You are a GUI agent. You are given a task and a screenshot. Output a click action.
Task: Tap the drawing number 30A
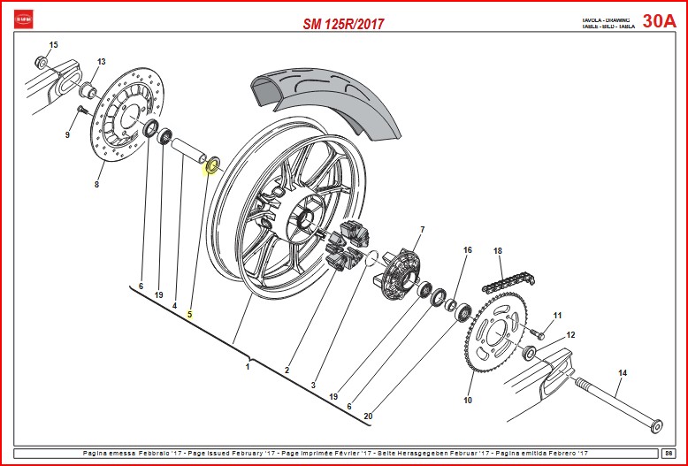pos(659,21)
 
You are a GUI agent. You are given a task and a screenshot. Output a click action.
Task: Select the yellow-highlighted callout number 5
pos(189,314)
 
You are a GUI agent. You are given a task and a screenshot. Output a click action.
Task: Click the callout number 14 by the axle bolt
pos(622,373)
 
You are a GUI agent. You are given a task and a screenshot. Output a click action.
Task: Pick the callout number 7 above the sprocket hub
pos(422,230)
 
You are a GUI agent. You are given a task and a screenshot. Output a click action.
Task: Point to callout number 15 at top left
pos(53,44)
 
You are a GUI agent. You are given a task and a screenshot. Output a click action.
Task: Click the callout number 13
pos(101,62)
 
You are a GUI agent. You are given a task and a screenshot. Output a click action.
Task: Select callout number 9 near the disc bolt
pos(66,135)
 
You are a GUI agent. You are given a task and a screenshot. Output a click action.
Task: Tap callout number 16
pos(468,250)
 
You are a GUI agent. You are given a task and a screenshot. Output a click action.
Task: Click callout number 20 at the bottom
pos(368,416)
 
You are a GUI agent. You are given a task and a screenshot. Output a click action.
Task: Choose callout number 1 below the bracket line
pos(248,367)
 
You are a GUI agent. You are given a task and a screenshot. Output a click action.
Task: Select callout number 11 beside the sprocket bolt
pos(557,316)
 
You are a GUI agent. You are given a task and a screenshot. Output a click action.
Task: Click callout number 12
pos(570,335)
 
